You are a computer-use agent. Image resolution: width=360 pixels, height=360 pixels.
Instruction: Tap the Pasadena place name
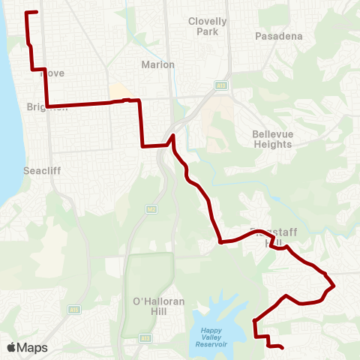[x=278, y=35]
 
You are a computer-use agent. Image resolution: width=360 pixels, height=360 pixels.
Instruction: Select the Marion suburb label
[x=157, y=64]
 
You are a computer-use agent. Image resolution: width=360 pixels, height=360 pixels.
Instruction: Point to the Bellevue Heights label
[x=277, y=139]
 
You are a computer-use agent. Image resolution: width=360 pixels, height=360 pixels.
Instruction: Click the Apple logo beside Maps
[x=12, y=347]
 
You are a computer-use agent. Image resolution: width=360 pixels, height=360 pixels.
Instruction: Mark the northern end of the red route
[x=37, y=13]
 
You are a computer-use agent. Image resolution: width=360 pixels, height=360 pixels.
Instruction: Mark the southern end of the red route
[x=282, y=347]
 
